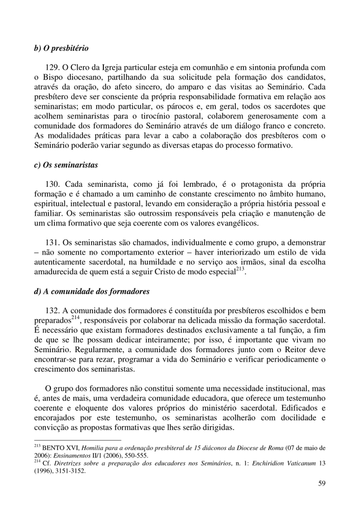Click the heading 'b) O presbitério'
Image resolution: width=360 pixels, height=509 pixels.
tap(61, 48)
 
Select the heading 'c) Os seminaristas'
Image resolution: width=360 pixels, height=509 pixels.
tap(66, 165)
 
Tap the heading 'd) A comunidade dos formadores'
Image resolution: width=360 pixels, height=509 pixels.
tap(92, 292)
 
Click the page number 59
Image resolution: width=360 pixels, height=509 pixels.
tap(321, 484)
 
